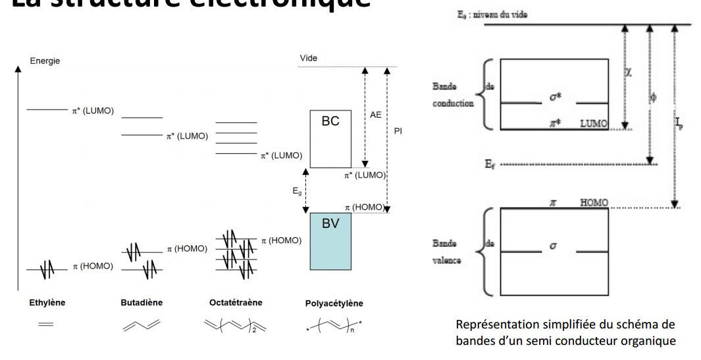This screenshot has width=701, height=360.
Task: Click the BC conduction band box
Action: (x=330, y=139)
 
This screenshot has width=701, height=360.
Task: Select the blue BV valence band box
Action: (x=330, y=241)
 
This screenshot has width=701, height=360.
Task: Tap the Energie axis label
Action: (x=45, y=61)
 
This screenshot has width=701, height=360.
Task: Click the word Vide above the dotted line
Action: (x=308, y=58)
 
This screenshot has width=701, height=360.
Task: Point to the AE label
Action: (x=375, y=114)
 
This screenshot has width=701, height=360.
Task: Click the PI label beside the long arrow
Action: (x=398, y=131)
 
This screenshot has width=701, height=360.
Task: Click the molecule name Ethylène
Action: (x=47, y=303)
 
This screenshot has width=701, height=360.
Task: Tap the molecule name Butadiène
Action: (x=142, y=303)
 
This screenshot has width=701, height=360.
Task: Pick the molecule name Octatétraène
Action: (x=236, y=303)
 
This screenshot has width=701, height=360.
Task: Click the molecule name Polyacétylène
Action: (x=334, y=304)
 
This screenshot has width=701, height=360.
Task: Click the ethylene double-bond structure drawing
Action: (x=45, y=325)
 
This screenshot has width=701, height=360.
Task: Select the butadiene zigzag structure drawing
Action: (x=141, y=326)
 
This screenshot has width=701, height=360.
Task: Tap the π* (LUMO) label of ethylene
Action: (x=93, y=110)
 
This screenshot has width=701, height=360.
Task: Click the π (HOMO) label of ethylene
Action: (x=92, y=266)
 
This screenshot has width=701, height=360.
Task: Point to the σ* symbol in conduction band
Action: (x=554, y=97)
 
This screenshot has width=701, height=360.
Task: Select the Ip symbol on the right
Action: (x=678, y=122)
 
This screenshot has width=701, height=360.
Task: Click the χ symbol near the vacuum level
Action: (x=630, y=71)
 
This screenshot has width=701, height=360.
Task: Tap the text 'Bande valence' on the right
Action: (x=447, y=252)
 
